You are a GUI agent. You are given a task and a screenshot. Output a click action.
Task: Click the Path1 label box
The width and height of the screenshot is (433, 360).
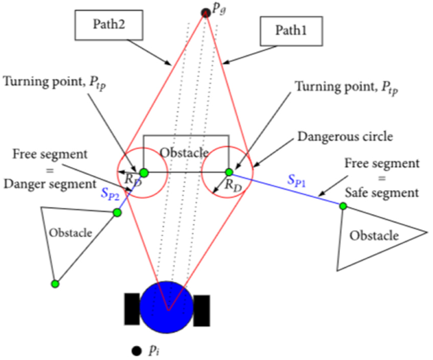(x=291, y=31)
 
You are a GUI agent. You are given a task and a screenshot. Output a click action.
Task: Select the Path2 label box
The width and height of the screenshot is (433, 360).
(x=109, y=25)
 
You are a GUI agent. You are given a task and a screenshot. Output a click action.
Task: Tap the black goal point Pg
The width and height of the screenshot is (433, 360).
(x=206, y=13)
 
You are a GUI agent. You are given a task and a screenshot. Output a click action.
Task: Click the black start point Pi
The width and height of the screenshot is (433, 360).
(x=136, y=351)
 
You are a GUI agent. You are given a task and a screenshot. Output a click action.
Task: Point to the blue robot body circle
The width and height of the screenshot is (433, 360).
(x=166, y=307)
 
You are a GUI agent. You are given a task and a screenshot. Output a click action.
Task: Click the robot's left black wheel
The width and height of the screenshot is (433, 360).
(x=132, y=309)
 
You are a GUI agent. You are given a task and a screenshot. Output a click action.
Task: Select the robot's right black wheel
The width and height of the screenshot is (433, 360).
(x=202, y=311)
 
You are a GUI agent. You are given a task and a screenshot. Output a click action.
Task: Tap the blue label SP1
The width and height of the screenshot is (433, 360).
(x=297, y=181)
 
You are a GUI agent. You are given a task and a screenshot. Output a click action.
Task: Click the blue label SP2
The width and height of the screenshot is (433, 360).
(x=110, y=194)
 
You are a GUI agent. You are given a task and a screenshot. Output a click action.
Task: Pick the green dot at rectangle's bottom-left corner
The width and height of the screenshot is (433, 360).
(x=144, y=173)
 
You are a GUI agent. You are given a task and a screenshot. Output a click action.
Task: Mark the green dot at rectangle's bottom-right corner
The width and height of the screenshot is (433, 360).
(x=229, y=172)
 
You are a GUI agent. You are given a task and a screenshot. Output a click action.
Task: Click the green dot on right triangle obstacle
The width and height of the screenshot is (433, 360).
(x=343, y=206)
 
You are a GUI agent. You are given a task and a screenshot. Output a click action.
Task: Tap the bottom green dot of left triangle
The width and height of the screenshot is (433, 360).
(x=55, y=283)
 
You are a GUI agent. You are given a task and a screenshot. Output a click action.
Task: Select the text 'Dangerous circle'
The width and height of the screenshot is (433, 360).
(x=345, y=137)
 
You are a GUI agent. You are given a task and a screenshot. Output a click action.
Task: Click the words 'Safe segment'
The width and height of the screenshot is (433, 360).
(x=382, y=192)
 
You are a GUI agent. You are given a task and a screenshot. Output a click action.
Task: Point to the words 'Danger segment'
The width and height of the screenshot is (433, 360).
(x=50, y=184)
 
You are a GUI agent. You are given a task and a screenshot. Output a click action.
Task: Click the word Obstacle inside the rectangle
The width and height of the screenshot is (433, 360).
(x=184, y=152)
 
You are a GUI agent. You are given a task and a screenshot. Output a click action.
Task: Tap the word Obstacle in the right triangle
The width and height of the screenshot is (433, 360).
(x=374, y=236)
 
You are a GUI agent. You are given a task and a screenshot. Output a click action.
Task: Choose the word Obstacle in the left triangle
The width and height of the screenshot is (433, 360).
(x=71, y=233)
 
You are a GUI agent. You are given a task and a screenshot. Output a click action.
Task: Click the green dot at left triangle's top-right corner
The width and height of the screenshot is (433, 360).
(x=117, y=212)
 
